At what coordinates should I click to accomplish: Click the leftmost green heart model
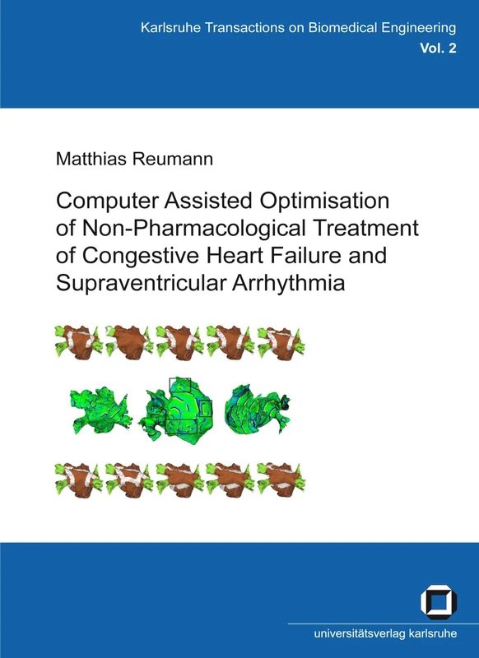(x=96, y=409)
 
